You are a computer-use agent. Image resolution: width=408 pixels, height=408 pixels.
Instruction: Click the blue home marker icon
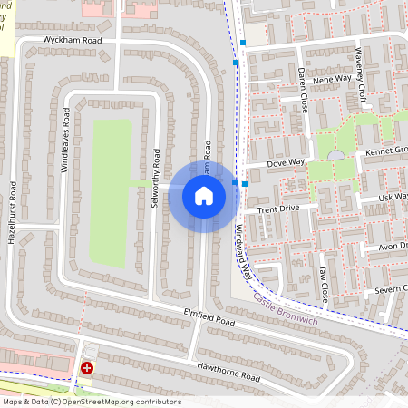[204, 195]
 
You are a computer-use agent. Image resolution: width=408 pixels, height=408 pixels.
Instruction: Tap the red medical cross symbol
[87, 368]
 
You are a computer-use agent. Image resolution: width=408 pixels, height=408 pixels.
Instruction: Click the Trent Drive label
[277, 209]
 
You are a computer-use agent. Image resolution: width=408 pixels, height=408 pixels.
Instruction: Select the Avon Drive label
[392, 246]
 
